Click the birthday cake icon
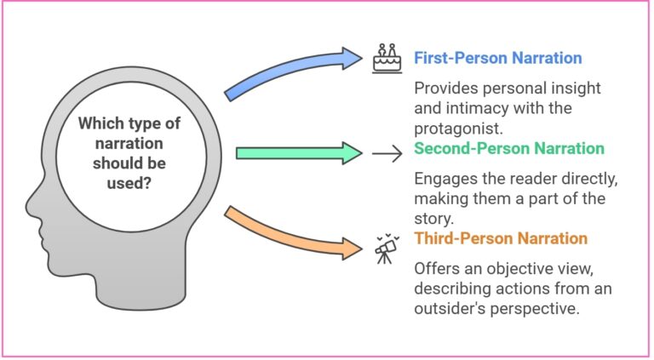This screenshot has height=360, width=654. point(387,57)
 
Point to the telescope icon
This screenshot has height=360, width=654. point(387,248)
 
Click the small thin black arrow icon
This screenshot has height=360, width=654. point(387,154)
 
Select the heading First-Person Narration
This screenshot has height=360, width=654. point(497,58)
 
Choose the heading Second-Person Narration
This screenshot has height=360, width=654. point(508,148)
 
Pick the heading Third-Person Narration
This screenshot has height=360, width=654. point(501,237)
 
